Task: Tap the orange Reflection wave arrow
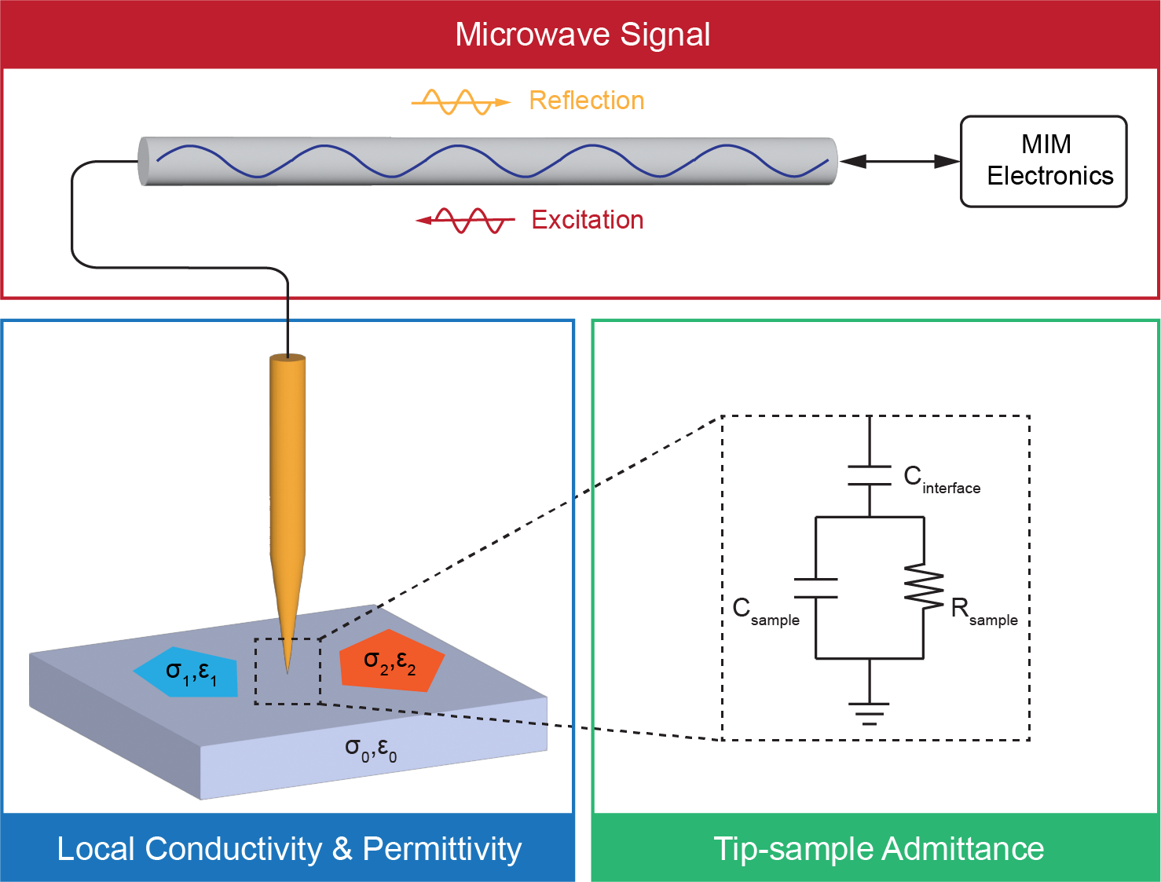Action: tap(460, 102)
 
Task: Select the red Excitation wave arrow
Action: tap(465, 220)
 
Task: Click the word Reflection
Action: tap(587, 101)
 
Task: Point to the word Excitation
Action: tap(588, 219)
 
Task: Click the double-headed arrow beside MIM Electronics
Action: tap(899, 161)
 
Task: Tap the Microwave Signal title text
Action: tap(582, 35)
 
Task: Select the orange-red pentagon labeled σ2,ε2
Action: tap(391, 661)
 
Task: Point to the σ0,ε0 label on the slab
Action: tap(371, 750)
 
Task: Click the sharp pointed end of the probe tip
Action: tap(288, 673)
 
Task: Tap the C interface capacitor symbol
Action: tap(870, 475)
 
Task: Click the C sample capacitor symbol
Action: tap(815, 588)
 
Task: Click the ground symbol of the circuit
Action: tap(869, 713)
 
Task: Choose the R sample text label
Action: tap(983, 613)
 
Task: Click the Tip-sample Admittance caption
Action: tap(878, 849)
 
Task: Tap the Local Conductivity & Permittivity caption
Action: tap(289, 850)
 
